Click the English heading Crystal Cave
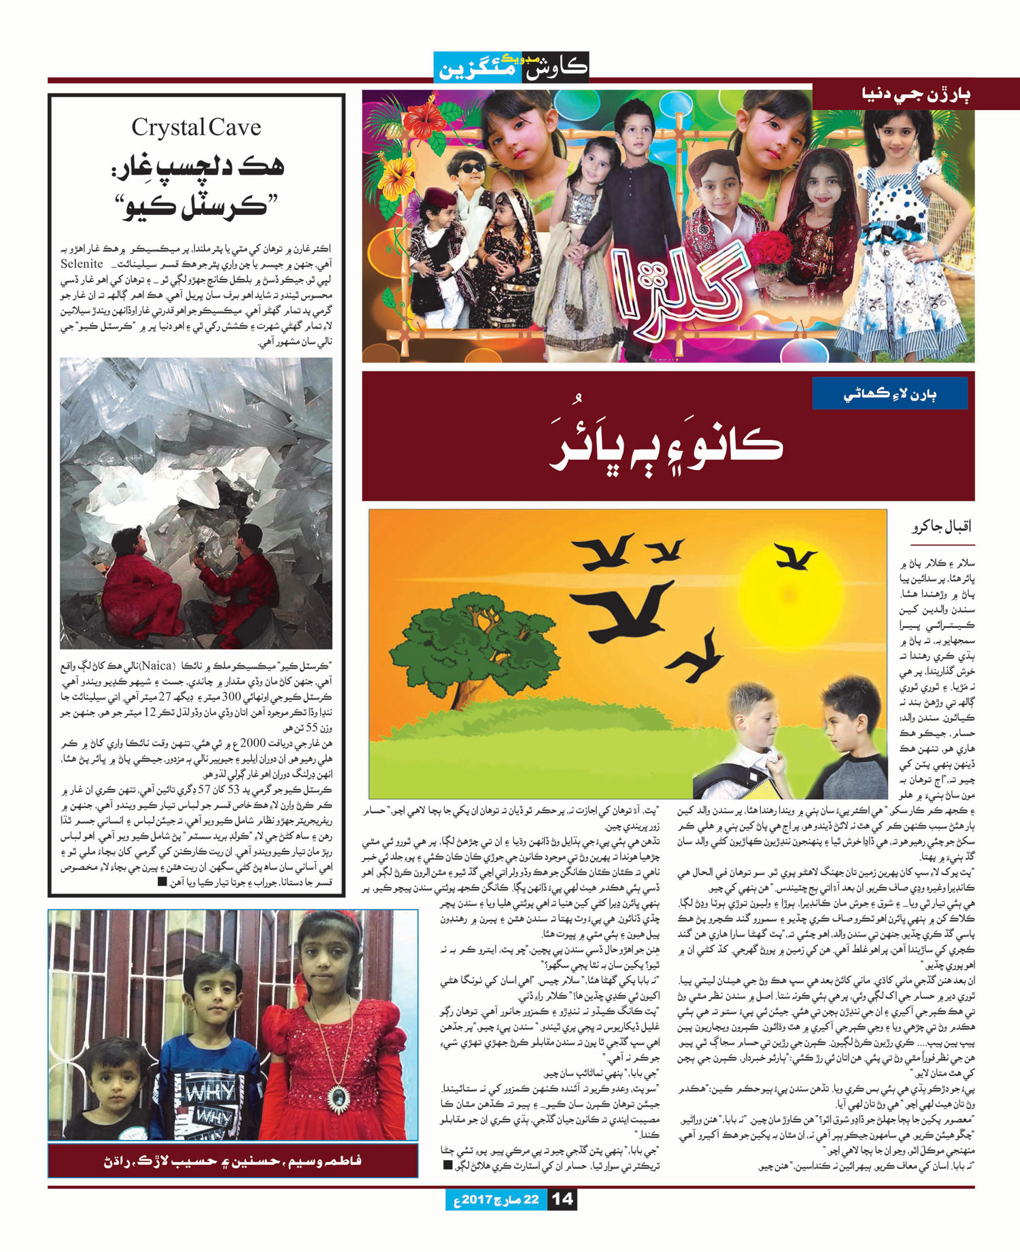click(x=196, y=127)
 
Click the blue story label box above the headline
click(x=879, y=394)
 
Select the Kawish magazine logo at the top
click(x=511, y=68)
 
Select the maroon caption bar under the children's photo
click(x=233, y=1161)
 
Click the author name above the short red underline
click(x=942, y=528)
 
